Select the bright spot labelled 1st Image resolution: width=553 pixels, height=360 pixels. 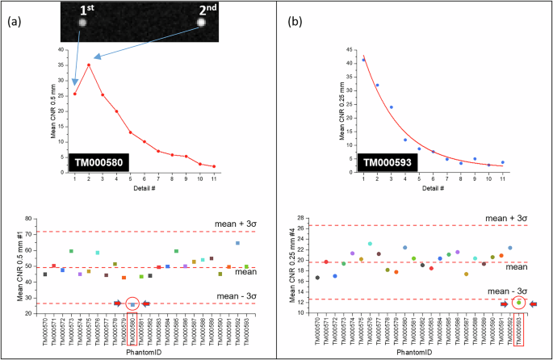pos(82,23)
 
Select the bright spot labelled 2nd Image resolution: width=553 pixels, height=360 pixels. pos(203,23)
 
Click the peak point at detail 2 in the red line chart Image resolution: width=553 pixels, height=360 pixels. pos(89,65)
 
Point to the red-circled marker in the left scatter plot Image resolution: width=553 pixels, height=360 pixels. pos(132,304)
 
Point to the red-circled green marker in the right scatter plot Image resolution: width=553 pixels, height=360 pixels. pos(518,303)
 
